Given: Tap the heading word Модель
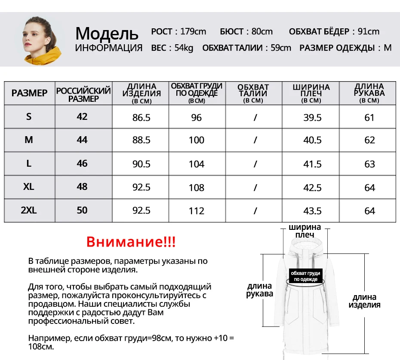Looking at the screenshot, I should pyautogui.click(x=107, y=33).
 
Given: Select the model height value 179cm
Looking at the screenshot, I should pyautogui.click(x=193, y=31).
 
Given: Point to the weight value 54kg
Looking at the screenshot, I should pyautogui.click(x=184, y=48).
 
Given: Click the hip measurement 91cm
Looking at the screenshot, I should pyautogui.click(x=369, y=31).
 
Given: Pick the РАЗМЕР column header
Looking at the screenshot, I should pyautogui.click(x=29, y=93).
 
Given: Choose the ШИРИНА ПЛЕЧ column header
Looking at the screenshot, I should pyautogui.click(x=311, y=93).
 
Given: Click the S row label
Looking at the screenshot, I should pyautogui.click(x=29, y=117).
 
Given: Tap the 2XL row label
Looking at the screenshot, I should pyautogui.click(x=29, y=211).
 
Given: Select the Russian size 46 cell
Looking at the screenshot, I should pyautogui.click(x=82, y=164).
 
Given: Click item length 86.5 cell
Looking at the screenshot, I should pyautogui.click(x=141, y=118).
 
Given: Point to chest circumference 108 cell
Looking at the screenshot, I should pyautogui.click(x=196, y=188).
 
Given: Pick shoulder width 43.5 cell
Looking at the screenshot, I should pyautogui.click(x=312, y=211).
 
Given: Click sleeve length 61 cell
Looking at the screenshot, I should pyautogui.click(x=369, y=118).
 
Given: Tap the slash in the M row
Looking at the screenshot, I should pyautogui.click(x=255, y=140).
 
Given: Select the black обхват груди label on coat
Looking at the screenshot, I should pyautogui.click(x=305, y=276).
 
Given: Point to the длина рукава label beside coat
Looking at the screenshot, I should pyautogui.click(x=259, y=290).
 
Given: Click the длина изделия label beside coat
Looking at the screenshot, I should pyautogui.click(x=364, y=301).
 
